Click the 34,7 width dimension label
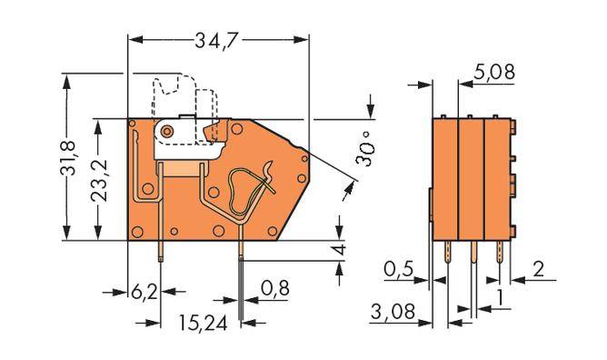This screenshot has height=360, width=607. pyautogui.click(x=217, y=40)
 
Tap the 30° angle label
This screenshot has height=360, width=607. pyautogui.click(x=364, y=150)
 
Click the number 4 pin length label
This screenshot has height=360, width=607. pyautogui.click(x=339, y=250)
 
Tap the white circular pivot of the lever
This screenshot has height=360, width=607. pyautogui.click(x=167, y=133)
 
